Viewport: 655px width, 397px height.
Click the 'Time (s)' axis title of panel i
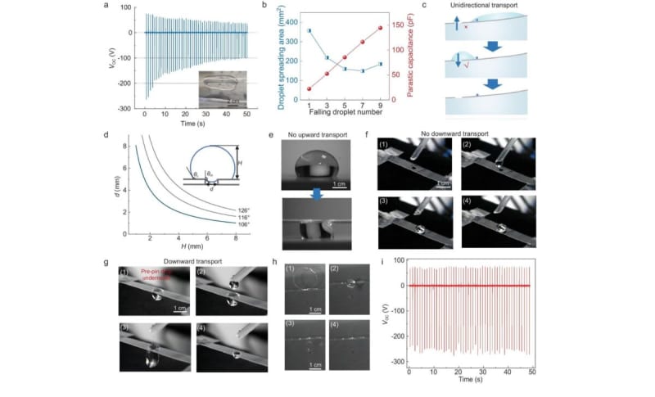click(x=469, y=380)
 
